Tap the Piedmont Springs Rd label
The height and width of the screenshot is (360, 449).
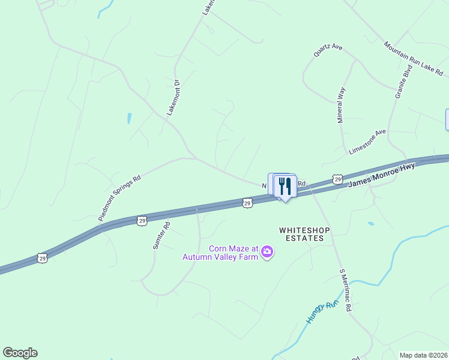(x=120, y=197)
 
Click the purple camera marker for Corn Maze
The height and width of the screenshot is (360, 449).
(x=268, y=253)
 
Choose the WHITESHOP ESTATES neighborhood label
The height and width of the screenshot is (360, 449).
(x=301, y=234)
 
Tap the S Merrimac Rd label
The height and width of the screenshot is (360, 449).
(x=345, y=290)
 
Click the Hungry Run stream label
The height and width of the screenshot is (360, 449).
(x=322, y=312)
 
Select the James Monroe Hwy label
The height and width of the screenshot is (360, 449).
(x=382, y=176)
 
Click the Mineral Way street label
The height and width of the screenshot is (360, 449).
(x=341, y=106)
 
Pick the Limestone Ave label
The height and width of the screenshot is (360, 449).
(x=367, y=142)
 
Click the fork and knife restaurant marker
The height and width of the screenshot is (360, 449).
(x=285, y=187)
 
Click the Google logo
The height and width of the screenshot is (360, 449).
(x=20, y=353)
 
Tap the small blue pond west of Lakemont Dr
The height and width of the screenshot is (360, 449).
(x=129, y=118)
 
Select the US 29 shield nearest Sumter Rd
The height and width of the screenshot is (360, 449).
(x=142, y=221)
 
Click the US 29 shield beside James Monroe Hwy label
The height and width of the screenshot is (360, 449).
(x=338, y=179)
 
